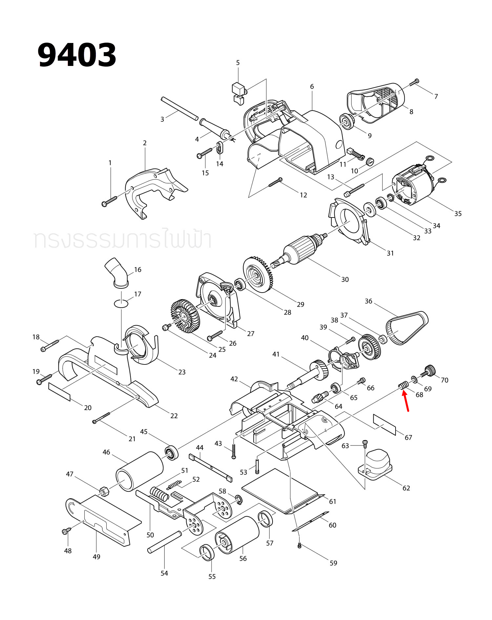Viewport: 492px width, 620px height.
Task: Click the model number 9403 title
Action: pyautogui.click(x=77, y=55)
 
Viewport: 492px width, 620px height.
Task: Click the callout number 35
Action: pyautogui.click(x=458, y=214)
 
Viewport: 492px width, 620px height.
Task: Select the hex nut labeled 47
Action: pyautogui.click(x=104, y=491)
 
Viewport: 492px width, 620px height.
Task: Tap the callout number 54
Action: pyautogui.click(x=164, y=573)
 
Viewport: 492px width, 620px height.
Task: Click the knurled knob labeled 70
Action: pyautogui.click(x=430, y=371)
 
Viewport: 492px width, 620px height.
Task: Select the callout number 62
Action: pyautogui.click(x=406, y=488)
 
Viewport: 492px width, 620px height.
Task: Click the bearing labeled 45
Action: pyautogui.click(x=171, y=453)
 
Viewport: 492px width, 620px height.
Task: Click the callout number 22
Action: pyautogui.click(x=174, y=416)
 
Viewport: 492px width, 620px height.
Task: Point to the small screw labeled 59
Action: pyautogui.click(x=299, y=546)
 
